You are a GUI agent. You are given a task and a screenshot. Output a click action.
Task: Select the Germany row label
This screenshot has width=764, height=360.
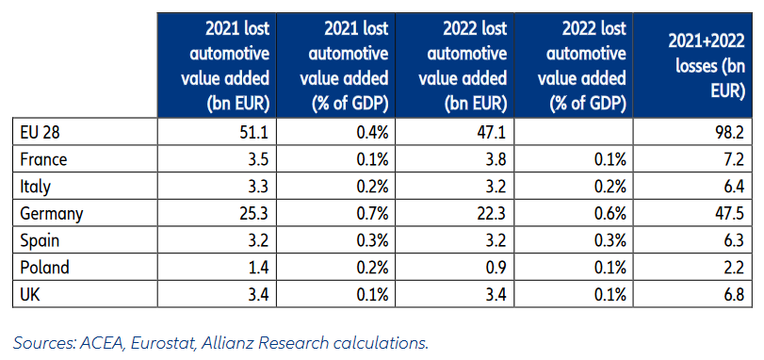(x=52, y=214)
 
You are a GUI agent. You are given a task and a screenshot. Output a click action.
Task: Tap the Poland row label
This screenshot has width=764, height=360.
(x=44, y=268)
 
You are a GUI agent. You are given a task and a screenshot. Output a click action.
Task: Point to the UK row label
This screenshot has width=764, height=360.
(x=29, y=294)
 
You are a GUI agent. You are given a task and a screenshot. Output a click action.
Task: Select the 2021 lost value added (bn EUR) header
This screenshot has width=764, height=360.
(x=225, y=67)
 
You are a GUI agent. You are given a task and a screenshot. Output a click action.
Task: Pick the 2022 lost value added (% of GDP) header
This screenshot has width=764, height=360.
(x=582, y=67)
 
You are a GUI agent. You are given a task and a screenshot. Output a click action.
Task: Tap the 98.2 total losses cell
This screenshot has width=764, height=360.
(x=731, y=133)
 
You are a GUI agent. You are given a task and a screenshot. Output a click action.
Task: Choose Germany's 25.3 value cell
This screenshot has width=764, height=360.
(x=255, y=213)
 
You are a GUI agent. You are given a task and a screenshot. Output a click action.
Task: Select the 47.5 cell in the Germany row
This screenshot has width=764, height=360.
(x=731, y=213)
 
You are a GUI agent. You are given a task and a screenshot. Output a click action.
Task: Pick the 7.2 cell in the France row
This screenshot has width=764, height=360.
(x=735, y=160)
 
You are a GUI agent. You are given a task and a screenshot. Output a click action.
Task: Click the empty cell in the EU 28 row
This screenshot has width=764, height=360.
(x=574, y=133)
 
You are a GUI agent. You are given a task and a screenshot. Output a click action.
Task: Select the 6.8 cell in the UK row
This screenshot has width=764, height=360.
(x=735, y=294)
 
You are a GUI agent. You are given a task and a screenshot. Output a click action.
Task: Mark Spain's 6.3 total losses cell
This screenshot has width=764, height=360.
(x=735, y=240)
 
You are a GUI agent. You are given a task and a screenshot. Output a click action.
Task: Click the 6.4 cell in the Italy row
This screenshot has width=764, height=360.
(x=735, y=187)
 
